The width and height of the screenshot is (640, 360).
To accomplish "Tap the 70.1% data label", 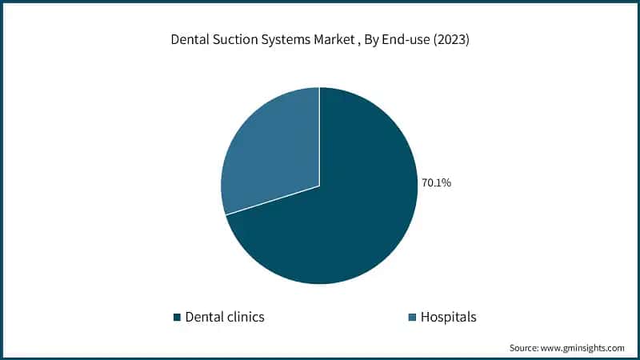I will point(437,183).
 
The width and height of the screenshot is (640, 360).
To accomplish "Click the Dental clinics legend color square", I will point(177,318).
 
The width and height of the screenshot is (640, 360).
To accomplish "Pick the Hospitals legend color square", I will point(412,318).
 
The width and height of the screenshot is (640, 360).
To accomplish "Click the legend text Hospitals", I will point(450,317).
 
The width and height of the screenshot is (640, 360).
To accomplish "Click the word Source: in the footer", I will point(526,348).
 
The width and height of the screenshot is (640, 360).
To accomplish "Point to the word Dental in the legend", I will point(202,317).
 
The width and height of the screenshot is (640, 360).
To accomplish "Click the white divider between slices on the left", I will point(272,200).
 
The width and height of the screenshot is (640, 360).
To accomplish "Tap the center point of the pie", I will point(319,186).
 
